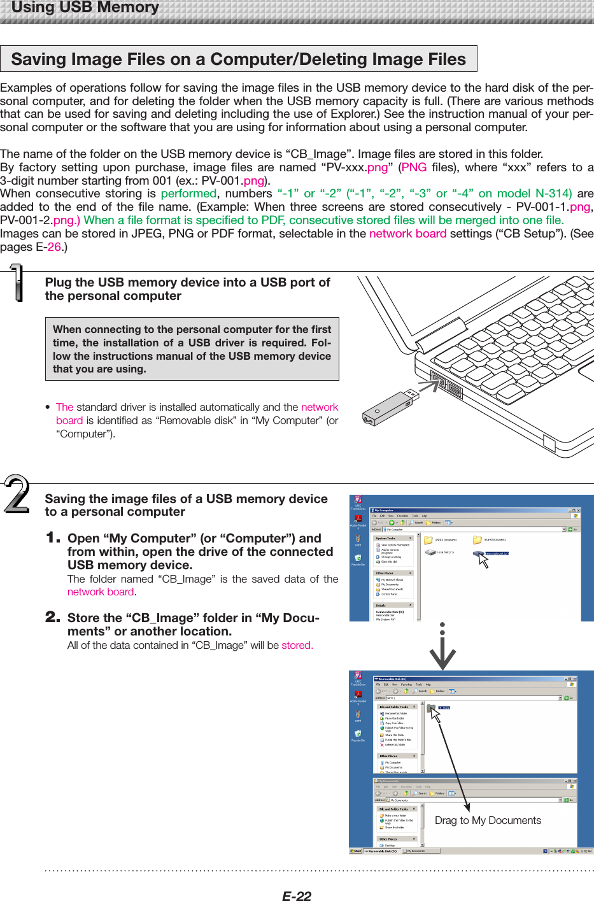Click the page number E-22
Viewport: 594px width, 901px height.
[297, 896]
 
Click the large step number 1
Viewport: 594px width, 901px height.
[17, 284]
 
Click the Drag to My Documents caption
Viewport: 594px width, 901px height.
[488, 820]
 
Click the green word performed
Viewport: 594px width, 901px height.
[188, 194]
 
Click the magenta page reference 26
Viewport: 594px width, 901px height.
[54, 247]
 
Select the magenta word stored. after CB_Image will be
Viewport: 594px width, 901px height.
[297, 646]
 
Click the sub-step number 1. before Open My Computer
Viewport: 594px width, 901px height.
[53, 538]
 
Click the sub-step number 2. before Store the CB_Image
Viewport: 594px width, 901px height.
[53, 617]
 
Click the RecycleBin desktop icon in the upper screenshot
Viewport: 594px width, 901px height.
[358, 558]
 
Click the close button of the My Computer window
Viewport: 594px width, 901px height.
[578, 510]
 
